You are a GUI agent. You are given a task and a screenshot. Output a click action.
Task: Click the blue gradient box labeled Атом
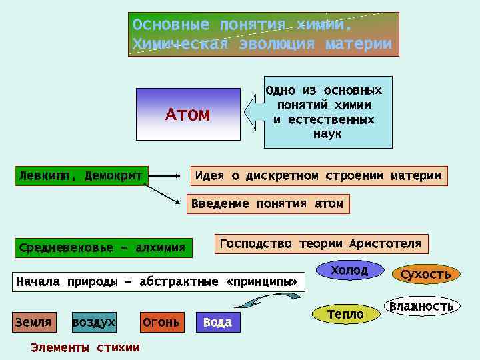point(187,114)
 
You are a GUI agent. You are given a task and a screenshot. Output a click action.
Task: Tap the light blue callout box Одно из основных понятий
point(327,111)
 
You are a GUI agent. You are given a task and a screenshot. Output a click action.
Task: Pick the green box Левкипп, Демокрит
point(81,176)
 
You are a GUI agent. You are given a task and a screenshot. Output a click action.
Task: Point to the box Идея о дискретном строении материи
point(319,176)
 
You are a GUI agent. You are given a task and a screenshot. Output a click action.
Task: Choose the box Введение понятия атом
point(267,204)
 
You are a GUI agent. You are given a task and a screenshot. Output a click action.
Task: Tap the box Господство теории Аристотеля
point(321,244)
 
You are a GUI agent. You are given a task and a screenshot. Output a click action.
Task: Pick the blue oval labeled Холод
point(349,270)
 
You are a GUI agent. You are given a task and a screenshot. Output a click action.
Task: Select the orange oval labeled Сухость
point(425,274)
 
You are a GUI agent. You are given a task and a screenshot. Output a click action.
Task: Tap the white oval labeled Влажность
point(421,307)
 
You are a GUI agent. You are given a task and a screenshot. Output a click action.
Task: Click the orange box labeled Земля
point(33,323)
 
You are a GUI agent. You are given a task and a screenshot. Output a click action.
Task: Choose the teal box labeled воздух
point(93,323)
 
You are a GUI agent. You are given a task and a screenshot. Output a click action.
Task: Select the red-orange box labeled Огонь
point(161,323)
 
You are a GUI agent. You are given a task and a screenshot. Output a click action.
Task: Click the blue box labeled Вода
point(217,323)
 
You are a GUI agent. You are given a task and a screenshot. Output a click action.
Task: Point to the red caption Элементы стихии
point(85,347)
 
